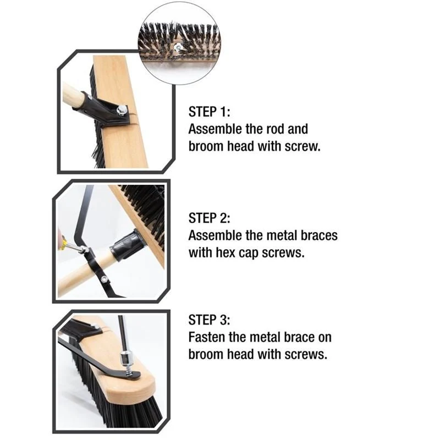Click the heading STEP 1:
click(x=210, y=112)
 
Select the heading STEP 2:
click(x=210, y=218)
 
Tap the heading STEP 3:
click(x=210, y=320)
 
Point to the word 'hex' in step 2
click(x=226, y=252)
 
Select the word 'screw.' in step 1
click(x=302, y=146)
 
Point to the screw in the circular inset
click(x=177, y=47)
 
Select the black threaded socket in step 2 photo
click(x=128, y=245)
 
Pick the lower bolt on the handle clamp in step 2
click(x=104, y=279)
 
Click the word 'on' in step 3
click(x=324, y=337)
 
